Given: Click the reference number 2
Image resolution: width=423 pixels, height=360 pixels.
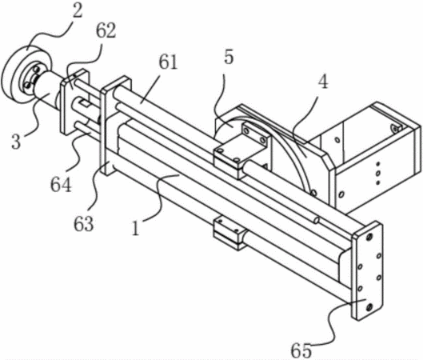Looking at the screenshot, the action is pos(77,10).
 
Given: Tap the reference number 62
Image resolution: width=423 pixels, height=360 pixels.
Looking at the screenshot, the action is pos(106,30).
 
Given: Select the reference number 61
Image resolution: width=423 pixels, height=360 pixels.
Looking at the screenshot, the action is pos(168,62).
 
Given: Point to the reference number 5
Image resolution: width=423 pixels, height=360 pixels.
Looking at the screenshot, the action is pos(229,57).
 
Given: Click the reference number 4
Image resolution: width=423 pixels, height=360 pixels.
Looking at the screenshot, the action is pos(322,82).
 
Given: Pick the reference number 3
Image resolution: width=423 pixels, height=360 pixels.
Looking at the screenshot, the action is pos(16,141).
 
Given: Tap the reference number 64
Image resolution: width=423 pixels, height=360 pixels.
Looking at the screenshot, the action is pos(62,184).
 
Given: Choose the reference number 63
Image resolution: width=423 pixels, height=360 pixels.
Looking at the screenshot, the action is pos(84,223).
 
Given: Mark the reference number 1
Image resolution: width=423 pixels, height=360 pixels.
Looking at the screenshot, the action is pos(136,228).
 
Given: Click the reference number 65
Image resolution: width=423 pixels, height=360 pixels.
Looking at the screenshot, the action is pos(301,351).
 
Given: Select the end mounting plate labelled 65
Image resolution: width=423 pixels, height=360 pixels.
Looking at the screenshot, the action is pos(367,270).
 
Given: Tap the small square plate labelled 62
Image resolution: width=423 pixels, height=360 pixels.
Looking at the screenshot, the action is pos(75,102).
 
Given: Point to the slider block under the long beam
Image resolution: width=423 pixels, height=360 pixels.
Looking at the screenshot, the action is pos(230,232).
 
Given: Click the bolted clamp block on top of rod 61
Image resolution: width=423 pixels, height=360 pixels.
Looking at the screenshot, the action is pos(240,150).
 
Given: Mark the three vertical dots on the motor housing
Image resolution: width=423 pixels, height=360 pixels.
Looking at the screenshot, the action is pos(378,174).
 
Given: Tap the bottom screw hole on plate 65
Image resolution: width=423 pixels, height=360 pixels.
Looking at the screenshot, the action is pos(369,307).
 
